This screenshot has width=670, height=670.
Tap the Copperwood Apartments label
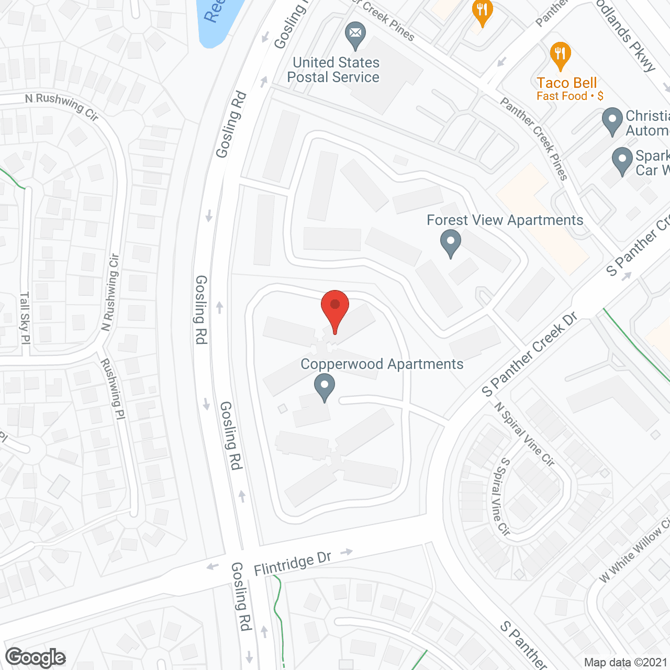point(382,364)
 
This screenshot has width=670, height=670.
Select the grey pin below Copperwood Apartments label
point(325,388)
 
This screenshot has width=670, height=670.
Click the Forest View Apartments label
point(505,220)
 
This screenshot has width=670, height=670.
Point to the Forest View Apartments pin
point(450,244)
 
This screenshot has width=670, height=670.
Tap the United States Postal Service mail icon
point(355,35)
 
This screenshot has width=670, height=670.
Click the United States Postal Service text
point(334,70)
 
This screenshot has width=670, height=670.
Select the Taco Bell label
point(567,83)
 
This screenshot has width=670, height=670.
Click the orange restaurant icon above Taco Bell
point(560,55)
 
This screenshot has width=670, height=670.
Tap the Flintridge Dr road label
point(293,563)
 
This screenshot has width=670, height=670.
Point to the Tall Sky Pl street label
point(25,318)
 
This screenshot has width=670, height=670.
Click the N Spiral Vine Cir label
point(524,434)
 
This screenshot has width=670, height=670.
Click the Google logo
point(36,657)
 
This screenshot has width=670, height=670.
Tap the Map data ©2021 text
point(626,663)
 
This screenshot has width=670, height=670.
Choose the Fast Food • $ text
point(569,96)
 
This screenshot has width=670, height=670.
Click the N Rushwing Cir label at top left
point(62,106)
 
